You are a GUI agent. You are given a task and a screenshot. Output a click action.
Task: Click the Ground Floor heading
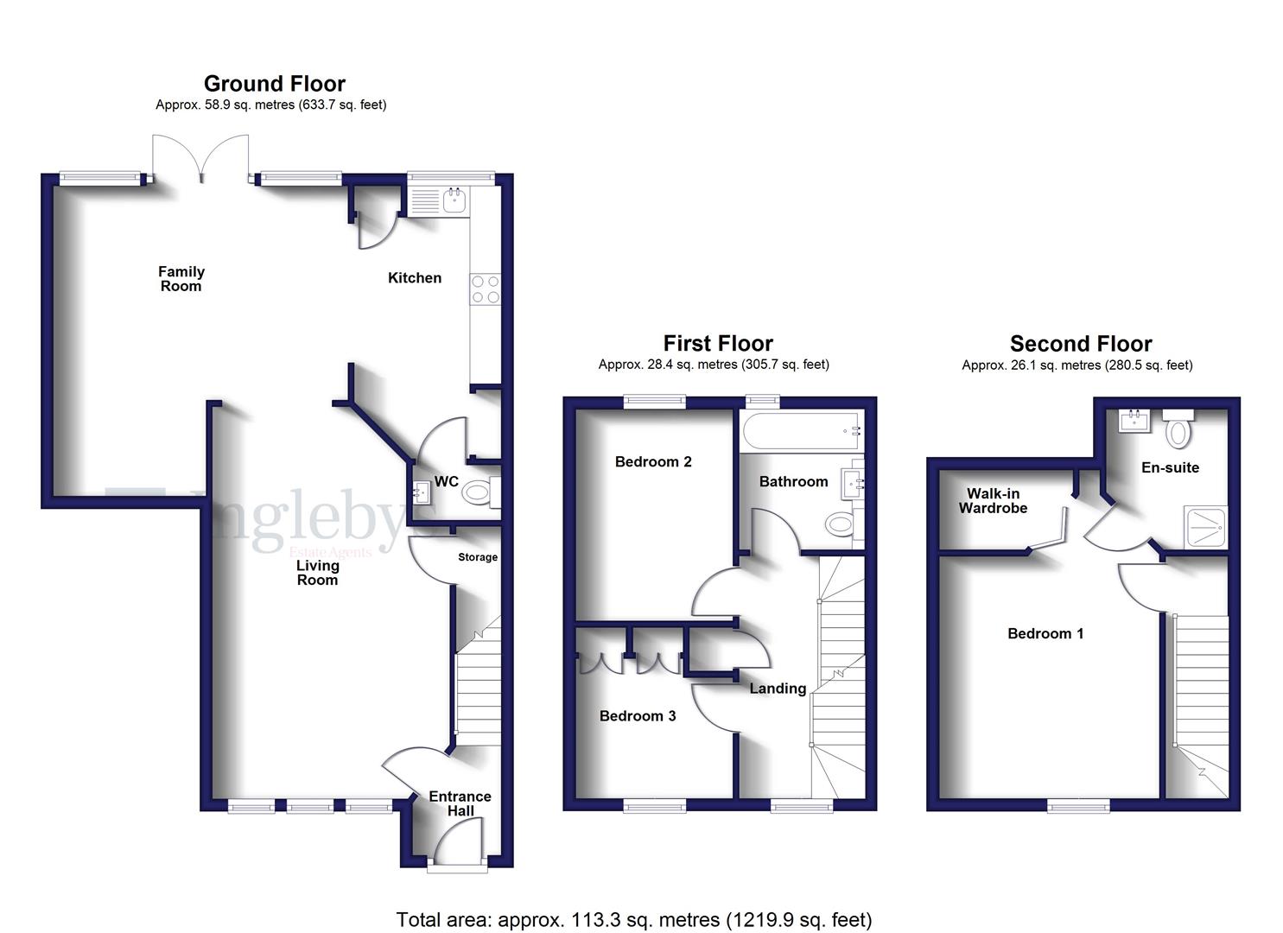click(x=274, y=84)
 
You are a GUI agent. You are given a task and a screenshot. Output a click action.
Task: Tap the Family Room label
click(x=181, y=279)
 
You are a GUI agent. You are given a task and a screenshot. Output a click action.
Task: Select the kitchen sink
click(x=455, y=201)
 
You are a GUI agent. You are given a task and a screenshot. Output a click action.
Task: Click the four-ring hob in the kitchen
click(x=485, y=289)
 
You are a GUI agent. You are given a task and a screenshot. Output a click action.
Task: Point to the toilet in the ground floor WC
click(x=478, y=493)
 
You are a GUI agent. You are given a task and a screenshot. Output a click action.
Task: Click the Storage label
click(x=478, y=557)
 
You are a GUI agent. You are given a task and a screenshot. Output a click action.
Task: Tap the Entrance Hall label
click(x=460, y=803)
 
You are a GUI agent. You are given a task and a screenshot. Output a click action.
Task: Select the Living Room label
click(x=317, y=573)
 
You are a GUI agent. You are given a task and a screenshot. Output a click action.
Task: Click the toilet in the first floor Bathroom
click(x=839, y=524)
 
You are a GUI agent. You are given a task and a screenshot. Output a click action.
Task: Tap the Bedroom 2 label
click(x=653, y=461)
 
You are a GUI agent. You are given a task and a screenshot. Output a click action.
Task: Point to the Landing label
click(x=778, y=689)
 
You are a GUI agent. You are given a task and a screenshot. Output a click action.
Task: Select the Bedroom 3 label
click(x=638, y=715)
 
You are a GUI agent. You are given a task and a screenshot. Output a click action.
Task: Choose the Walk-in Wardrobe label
click(x=993, y=501)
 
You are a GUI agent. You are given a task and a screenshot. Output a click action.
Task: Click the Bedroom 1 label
click(x=1045, y=633)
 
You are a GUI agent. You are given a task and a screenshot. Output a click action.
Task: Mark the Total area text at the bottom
click(x=634, y=919)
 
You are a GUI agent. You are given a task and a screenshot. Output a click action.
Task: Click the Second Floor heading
click(x=1081, y=344)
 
